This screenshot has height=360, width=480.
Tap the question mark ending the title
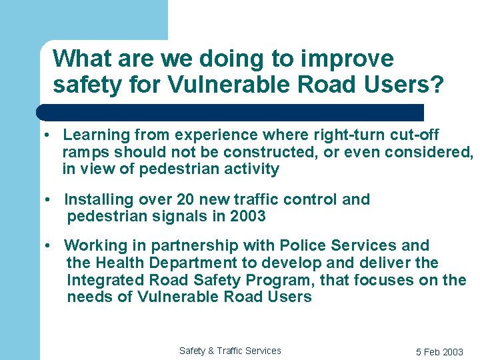click(437, 85)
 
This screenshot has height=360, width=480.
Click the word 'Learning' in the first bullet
click(95, 135)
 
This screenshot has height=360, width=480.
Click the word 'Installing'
click(99, 199)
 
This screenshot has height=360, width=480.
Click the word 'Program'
click(291, 280)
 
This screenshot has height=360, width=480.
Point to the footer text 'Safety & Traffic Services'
click(230, 351)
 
